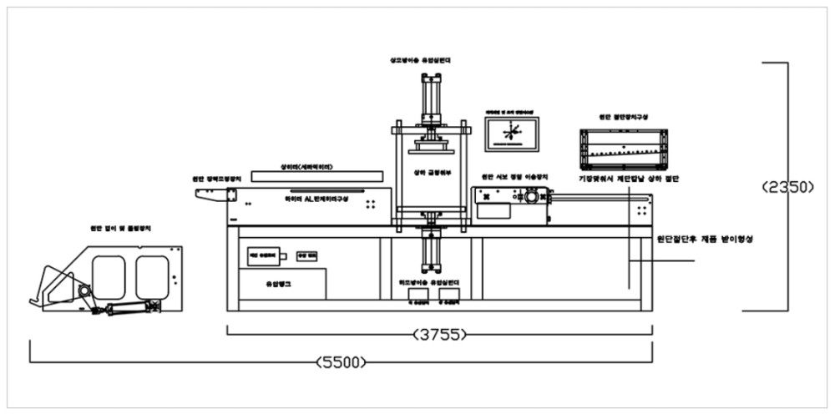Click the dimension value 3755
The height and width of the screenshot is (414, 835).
(438, 336)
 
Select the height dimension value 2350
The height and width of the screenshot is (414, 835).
(788, 189)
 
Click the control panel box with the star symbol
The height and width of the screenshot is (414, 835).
(512, 134)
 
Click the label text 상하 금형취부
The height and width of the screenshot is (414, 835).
(431, 173)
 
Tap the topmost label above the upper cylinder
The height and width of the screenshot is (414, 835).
(422, 61)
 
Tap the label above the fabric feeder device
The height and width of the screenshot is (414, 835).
(125, 227)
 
